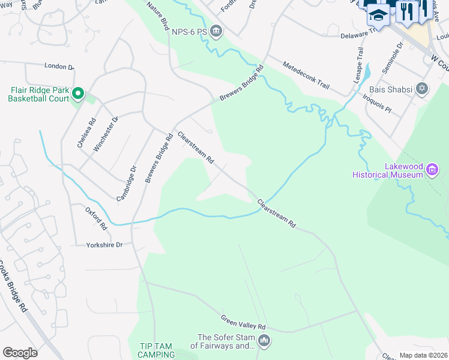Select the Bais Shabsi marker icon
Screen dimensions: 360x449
coord(422,89)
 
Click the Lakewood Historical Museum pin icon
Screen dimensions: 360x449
coord(432,171)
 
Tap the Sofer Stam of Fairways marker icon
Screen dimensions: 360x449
coord(264,341)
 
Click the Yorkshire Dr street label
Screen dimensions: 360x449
coord(104,245)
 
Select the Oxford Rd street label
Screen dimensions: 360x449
coord(96,219)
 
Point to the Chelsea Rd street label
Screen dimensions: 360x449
coord(86,132)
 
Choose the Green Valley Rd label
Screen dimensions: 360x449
coord(243,322)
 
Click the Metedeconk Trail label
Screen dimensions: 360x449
coord(306,74)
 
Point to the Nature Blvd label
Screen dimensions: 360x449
coord(158,15)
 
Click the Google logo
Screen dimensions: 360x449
coord(20,352)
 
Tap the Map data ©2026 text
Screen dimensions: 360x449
coord(423,355)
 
